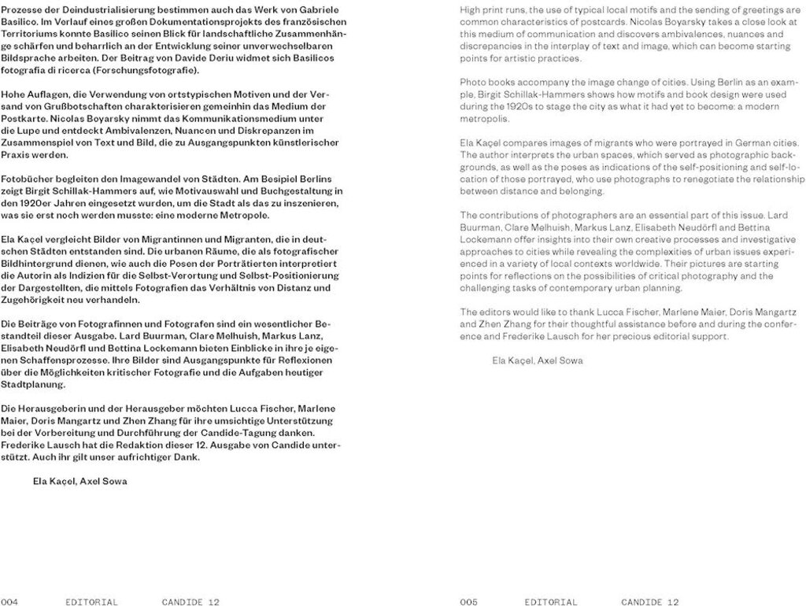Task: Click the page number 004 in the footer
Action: coord(9,602)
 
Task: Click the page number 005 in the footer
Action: coord(469,602)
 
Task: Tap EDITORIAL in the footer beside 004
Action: coord(92,602)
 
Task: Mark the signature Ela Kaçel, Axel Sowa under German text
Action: coord(79,480)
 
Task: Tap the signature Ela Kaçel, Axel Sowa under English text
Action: coord(537,360)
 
